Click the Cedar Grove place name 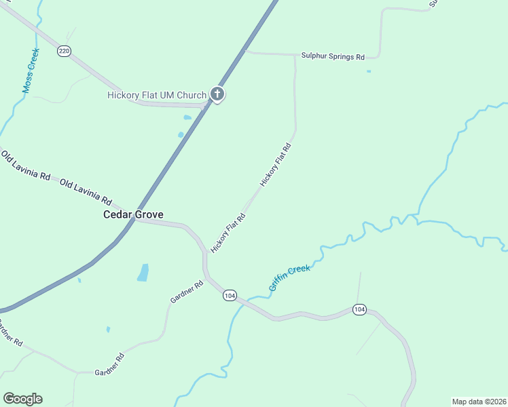coord(133,214)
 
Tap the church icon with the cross coord(217,94)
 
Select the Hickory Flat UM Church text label coord(157,95)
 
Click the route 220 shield coord(64,51)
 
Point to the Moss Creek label coord(30,71)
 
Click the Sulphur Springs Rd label coord(333,57)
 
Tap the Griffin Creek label coord(289,278)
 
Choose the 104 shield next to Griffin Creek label coord(230,295)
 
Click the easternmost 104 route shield coord(359,309)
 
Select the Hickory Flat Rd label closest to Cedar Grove coord(228,233)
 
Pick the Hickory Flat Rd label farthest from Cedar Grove coord(276,165)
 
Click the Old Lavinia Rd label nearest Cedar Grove coord(86,192)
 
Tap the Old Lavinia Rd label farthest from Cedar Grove coord(26,166)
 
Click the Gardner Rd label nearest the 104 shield coord(187,292)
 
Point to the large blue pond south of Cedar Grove coord(143,272)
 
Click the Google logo coord(22,399)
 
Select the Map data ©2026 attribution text coord(479,402)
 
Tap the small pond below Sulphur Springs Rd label coord(369,71)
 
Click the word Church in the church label coord(191,95)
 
